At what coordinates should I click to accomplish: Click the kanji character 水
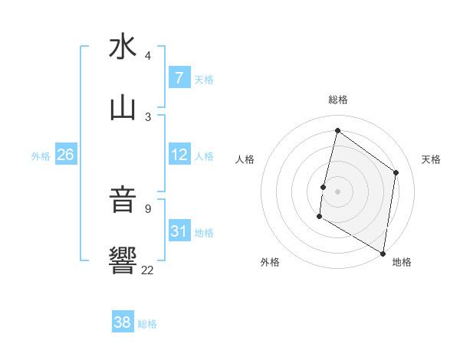[x=123, y=47]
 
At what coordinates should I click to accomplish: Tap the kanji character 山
[x=123, y=108]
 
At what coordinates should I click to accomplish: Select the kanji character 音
[x=123, y=201]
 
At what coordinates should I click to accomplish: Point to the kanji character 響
[x=123, y=261]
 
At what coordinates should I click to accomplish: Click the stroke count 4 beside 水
[x=148, y=56]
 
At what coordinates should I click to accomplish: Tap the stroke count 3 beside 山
[x=148, y=117]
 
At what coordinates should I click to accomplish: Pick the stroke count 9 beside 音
[x=148, y=209]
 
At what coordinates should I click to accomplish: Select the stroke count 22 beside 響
[x=148, y=270]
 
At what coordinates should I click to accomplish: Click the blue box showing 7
[x=179, y=78]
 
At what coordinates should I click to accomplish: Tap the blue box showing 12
[x=179, y=155]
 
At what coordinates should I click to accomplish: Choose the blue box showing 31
[x=179, y=231]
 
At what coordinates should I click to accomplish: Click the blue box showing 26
[x=65, y=155]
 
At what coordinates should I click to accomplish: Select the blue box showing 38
[x=123, y=322]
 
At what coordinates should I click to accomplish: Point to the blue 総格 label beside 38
[x=147, y=324]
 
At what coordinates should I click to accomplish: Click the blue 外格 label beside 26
[x=41, y=156]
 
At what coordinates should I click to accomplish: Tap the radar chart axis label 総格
[x=338, y=100]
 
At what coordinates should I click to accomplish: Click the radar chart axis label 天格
[x=432, y=159]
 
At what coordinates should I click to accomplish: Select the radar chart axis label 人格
[x=245, y=159]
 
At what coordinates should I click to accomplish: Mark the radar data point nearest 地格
[x=383, y=253]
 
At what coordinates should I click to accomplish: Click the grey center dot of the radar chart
[x=337, y=191]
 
